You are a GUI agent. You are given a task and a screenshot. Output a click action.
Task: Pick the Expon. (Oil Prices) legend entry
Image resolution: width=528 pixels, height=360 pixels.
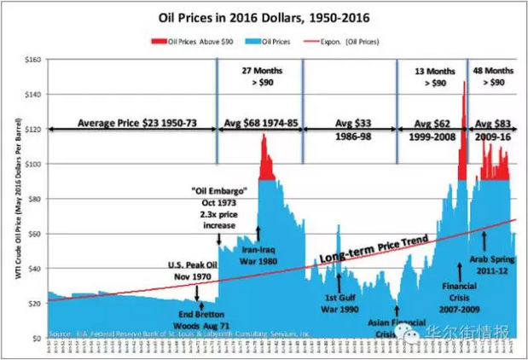(x=351, y=40)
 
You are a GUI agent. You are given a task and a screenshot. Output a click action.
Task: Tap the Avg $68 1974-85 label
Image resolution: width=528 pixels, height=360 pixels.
(x=259, y=124)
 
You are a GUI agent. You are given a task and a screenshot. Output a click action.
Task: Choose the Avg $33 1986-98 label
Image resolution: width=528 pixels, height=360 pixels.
(x=348, y=129)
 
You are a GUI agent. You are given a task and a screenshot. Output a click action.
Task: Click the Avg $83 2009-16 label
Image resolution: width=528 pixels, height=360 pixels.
(x=494, y=129)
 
